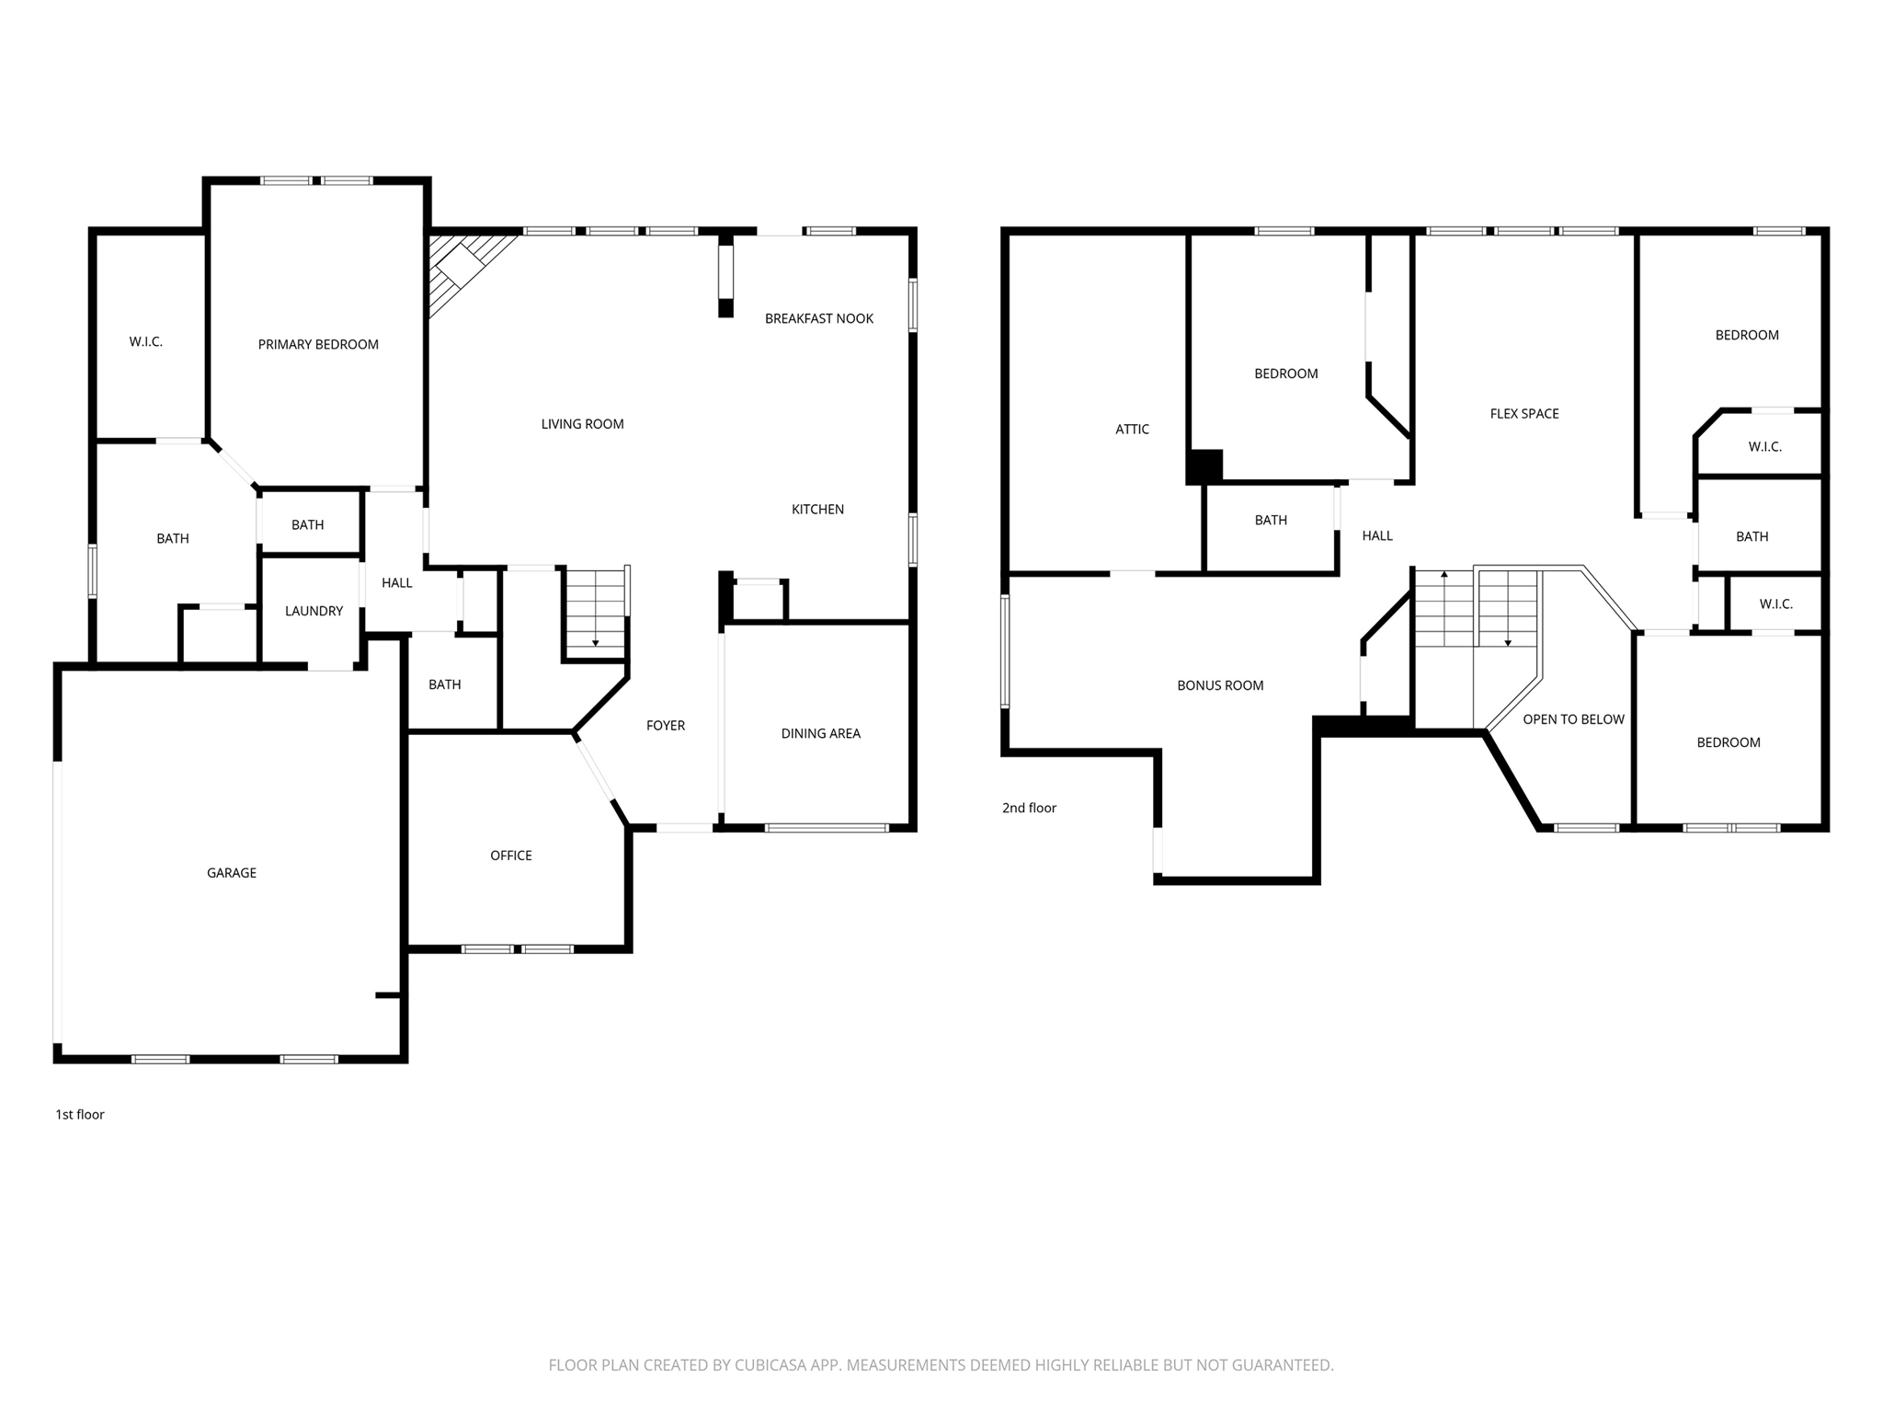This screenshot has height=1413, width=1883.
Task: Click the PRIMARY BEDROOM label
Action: [318, 345]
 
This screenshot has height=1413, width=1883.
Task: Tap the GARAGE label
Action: [232, 873]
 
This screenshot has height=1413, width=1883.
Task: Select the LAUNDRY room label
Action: [314, 611]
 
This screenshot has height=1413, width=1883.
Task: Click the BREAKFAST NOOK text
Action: [819, 319]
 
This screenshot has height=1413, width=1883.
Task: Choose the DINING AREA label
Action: [820, 734]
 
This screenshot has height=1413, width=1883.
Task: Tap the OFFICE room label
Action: [510, 856]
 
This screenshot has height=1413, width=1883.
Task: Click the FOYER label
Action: [666, 726]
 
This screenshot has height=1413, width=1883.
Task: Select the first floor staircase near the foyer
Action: [596, 612]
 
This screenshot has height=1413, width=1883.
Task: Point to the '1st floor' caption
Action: [80, 1115]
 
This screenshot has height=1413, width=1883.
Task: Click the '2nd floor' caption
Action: [1029, 809]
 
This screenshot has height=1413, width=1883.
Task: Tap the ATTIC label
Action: [1132, 430]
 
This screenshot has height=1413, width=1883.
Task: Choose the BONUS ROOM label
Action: [1220, 685]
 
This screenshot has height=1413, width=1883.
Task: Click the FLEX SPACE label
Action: [1524, 414]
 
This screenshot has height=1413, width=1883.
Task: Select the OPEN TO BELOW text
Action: [1573, 719]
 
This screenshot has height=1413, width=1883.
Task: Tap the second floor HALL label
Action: [1377, 536]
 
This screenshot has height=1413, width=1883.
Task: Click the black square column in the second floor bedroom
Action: [1204, 466]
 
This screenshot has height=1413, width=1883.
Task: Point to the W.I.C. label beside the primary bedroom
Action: [145, 342]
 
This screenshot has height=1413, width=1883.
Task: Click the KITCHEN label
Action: [817, 510]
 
